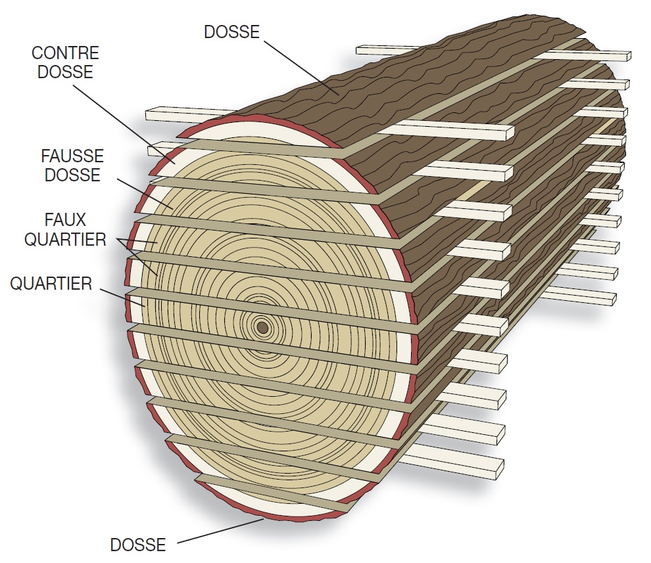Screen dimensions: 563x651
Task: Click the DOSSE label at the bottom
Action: (137, 544)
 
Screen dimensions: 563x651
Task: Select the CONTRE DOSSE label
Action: (65, 62)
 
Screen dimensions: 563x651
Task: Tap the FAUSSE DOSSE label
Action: (72, 166)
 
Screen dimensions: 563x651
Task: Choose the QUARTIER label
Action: (51, 284)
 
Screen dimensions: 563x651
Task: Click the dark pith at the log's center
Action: (262, 327)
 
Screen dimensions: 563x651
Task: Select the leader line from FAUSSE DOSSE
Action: (141, 191)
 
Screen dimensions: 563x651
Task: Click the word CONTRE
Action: (65, 53)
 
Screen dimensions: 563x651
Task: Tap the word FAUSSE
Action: (72, 156)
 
